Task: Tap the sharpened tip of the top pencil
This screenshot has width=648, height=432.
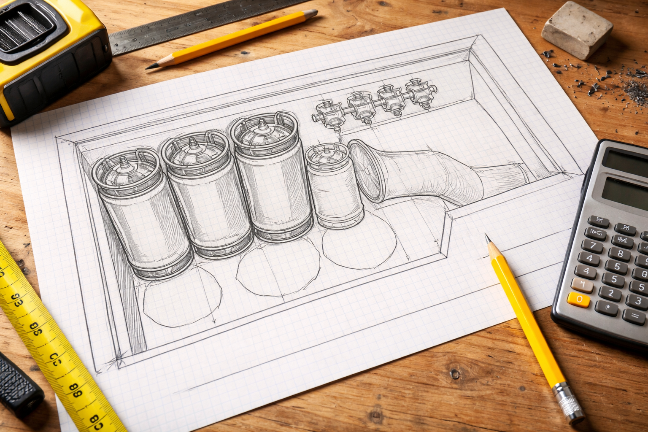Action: tap(149, 67)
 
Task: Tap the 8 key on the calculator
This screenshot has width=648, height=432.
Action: tap(620, 254)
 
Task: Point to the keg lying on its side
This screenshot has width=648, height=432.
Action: tap(422, 173)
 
